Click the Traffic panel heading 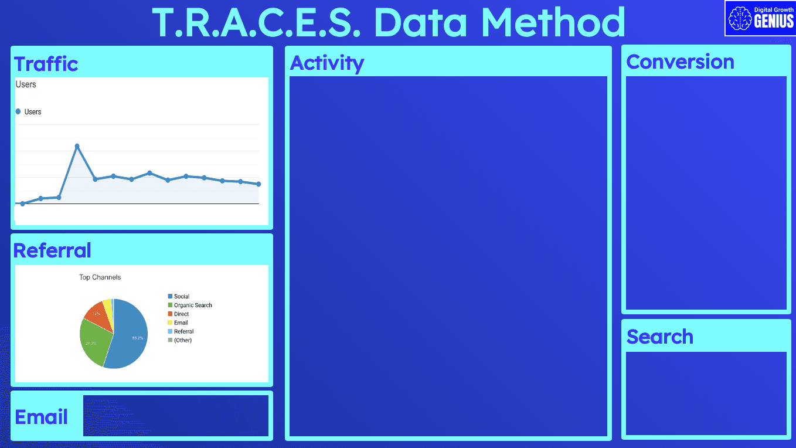click(46, 63)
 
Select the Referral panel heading click(52, 250)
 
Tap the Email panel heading click(41, 417)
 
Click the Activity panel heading click(327, 63)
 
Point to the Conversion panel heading click(680, 62)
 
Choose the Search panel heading click(659, 337)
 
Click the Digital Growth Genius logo click(760, 18)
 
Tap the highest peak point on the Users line click(77, 146)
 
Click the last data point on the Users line click(258, 184)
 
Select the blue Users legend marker click(18, 111)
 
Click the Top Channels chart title click(100, 277)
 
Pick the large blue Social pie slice click(132, 337)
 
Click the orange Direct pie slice click(97, 314)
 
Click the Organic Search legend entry click(193, 305)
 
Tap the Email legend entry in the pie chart click(181, 323)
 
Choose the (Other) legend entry click(182, 340)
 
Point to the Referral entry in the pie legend click(183, 331)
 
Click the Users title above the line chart click(26, 84)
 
